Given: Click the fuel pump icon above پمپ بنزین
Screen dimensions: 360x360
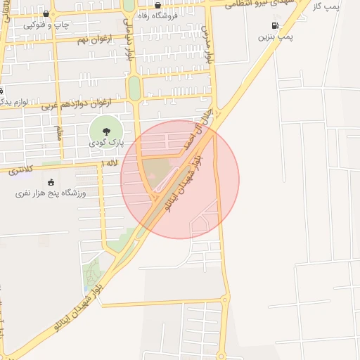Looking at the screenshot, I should click(x=274, y=26).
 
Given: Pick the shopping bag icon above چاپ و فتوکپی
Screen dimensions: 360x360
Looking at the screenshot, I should click(x=47, y=14).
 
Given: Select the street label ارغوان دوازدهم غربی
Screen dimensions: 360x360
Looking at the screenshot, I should click(x=77, y=104).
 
